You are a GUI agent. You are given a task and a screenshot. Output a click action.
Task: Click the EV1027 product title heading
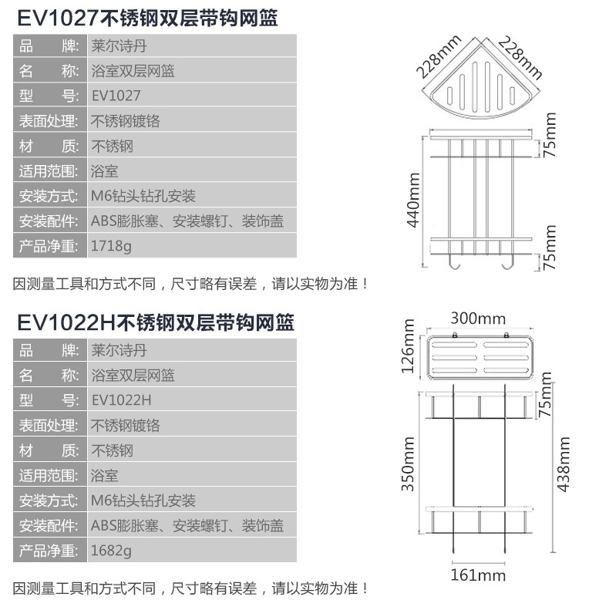146,17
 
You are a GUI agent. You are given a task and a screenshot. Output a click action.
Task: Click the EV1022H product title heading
155,321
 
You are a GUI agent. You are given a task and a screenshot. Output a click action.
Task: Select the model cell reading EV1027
116,96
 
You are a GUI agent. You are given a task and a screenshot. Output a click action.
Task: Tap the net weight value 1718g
111,248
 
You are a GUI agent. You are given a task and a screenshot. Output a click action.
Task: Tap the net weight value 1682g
111,551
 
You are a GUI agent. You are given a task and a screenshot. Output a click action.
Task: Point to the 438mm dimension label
564,464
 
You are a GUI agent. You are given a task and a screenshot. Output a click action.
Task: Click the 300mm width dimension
478,319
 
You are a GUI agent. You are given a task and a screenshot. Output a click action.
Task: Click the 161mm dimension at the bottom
478,575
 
